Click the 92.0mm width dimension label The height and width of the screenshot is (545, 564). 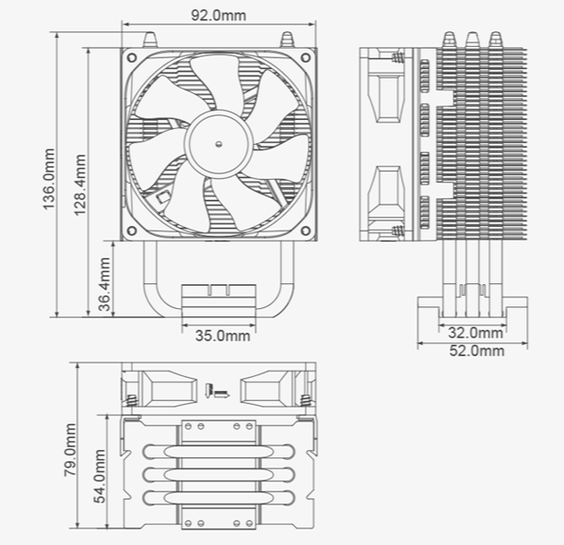click(218, 16)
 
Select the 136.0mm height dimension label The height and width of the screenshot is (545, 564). click(49, 179)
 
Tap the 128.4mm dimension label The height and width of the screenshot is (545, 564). click(80, 185)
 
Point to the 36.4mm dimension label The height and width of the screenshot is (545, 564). click(104, 284)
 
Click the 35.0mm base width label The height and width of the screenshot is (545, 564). click(223, 336)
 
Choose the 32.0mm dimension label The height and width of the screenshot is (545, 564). click(476, 333)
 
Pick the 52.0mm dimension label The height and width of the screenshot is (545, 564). click(476, 350)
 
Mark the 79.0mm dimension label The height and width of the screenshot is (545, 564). click(70, 450)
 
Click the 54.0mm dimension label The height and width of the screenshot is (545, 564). click(100, 476)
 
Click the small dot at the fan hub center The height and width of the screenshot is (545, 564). click(218, 145)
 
